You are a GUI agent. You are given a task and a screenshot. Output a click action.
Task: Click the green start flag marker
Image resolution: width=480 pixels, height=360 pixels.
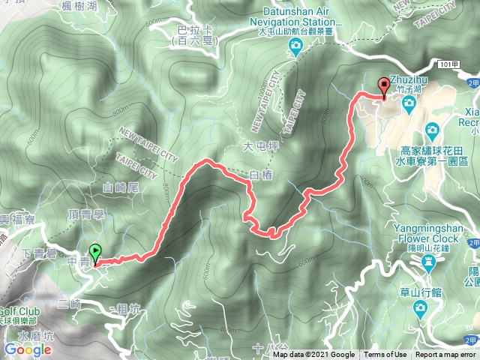pyautogui.click(x=95, y=253)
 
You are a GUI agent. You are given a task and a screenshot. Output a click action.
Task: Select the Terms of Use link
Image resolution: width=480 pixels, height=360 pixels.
pyautogui.click(x=386, y=355)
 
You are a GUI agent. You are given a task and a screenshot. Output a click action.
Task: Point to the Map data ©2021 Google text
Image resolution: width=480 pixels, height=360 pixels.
pyautogui.click(x=313, y=355)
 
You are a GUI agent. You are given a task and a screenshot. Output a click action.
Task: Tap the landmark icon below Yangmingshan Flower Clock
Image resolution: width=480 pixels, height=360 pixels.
pyautogui.click(x=428, y=262)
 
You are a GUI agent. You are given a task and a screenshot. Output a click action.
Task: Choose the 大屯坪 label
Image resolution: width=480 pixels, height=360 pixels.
pyautogui.click(x=256, y=145)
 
